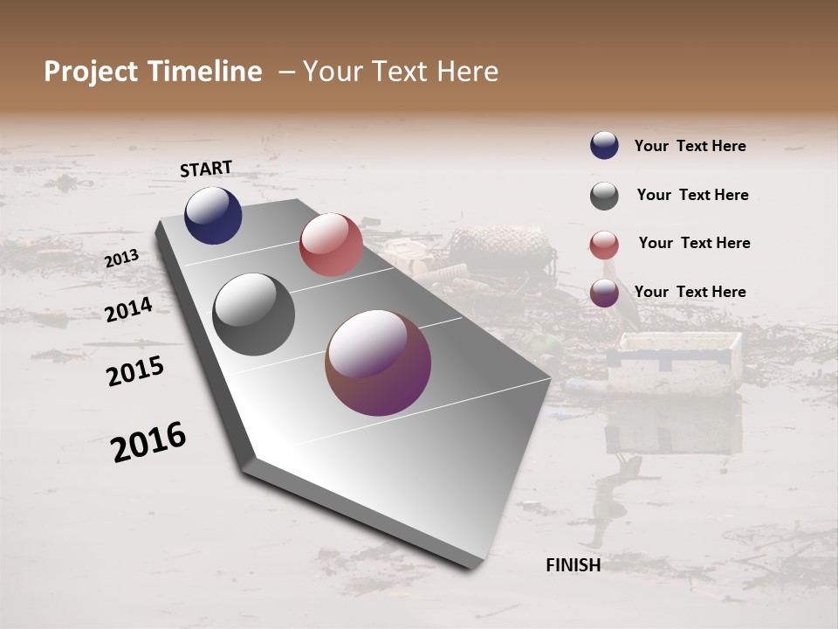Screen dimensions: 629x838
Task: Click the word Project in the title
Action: point(90,72)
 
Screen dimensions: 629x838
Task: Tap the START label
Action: point(206,169)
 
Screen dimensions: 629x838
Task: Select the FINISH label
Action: point(573,565)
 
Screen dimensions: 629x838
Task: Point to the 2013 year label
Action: point(121,259)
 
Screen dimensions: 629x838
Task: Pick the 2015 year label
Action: point(135,371)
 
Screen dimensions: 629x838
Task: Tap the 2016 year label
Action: point(148,442)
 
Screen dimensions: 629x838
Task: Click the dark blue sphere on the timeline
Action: point(213,215)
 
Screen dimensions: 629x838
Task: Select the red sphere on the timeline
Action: point(331,245)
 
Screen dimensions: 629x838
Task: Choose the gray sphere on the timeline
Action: point(254,314)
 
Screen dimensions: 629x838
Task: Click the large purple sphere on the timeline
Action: point(378,363)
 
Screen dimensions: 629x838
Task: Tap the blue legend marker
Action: point(604,145)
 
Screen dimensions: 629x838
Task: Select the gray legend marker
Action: point(604,196)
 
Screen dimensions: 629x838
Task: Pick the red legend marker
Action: point(604,245)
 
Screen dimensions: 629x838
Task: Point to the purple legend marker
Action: point(604,293)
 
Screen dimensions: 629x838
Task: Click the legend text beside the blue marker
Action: point(690,146)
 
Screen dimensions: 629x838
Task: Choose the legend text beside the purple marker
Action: point(690,292)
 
